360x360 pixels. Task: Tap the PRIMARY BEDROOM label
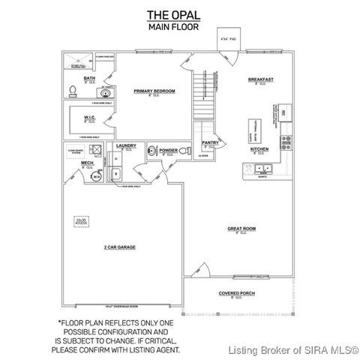tap(154, 91)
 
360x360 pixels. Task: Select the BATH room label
tap(89, 78)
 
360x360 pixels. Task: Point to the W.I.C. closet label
tap(88, 117)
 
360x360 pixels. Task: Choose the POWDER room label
tap(167, 150)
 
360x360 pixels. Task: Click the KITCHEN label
tap(259, 148)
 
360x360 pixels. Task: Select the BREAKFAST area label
tap(260, 79)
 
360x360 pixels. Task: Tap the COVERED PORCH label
tap(235, 293)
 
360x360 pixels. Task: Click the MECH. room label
tap(87, 163)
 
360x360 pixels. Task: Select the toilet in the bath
tap(73, 91)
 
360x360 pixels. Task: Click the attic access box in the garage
tap(80, 221)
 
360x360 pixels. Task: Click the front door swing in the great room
tap(198, 268)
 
